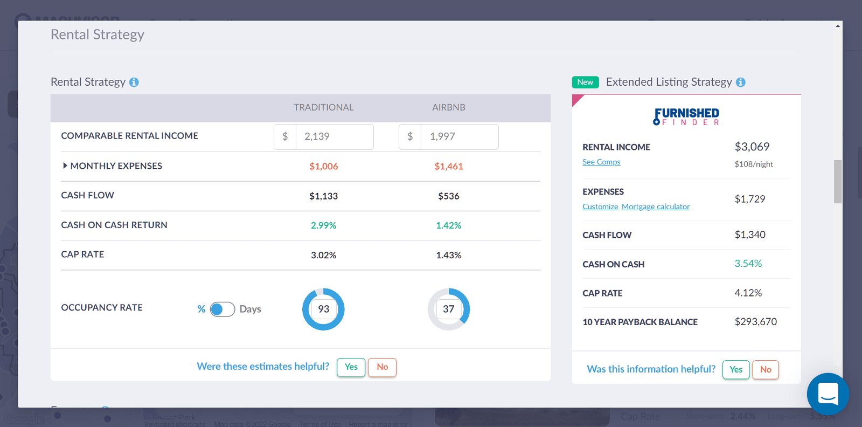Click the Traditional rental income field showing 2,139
coord(333,137)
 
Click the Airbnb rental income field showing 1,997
coord(458,137)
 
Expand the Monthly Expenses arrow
coord(65,166)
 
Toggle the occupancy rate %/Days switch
coord(222,309)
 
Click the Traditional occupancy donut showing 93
coord(323,309)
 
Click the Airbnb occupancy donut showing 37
coord(449,309)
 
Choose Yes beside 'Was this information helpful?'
coord(736,369)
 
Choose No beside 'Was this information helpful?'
coord(766,369)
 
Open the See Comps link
coord(601,162)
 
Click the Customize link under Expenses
coord(600,206)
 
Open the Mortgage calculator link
coord(656,206)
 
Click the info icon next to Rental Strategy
coord(134,82)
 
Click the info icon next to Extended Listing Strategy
coord(741,82)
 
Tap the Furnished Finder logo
coord(686,116)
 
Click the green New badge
coord(585,82)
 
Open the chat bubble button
coord(828,394)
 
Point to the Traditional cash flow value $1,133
coord(323,196)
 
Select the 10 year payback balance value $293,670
coord(755,322)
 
